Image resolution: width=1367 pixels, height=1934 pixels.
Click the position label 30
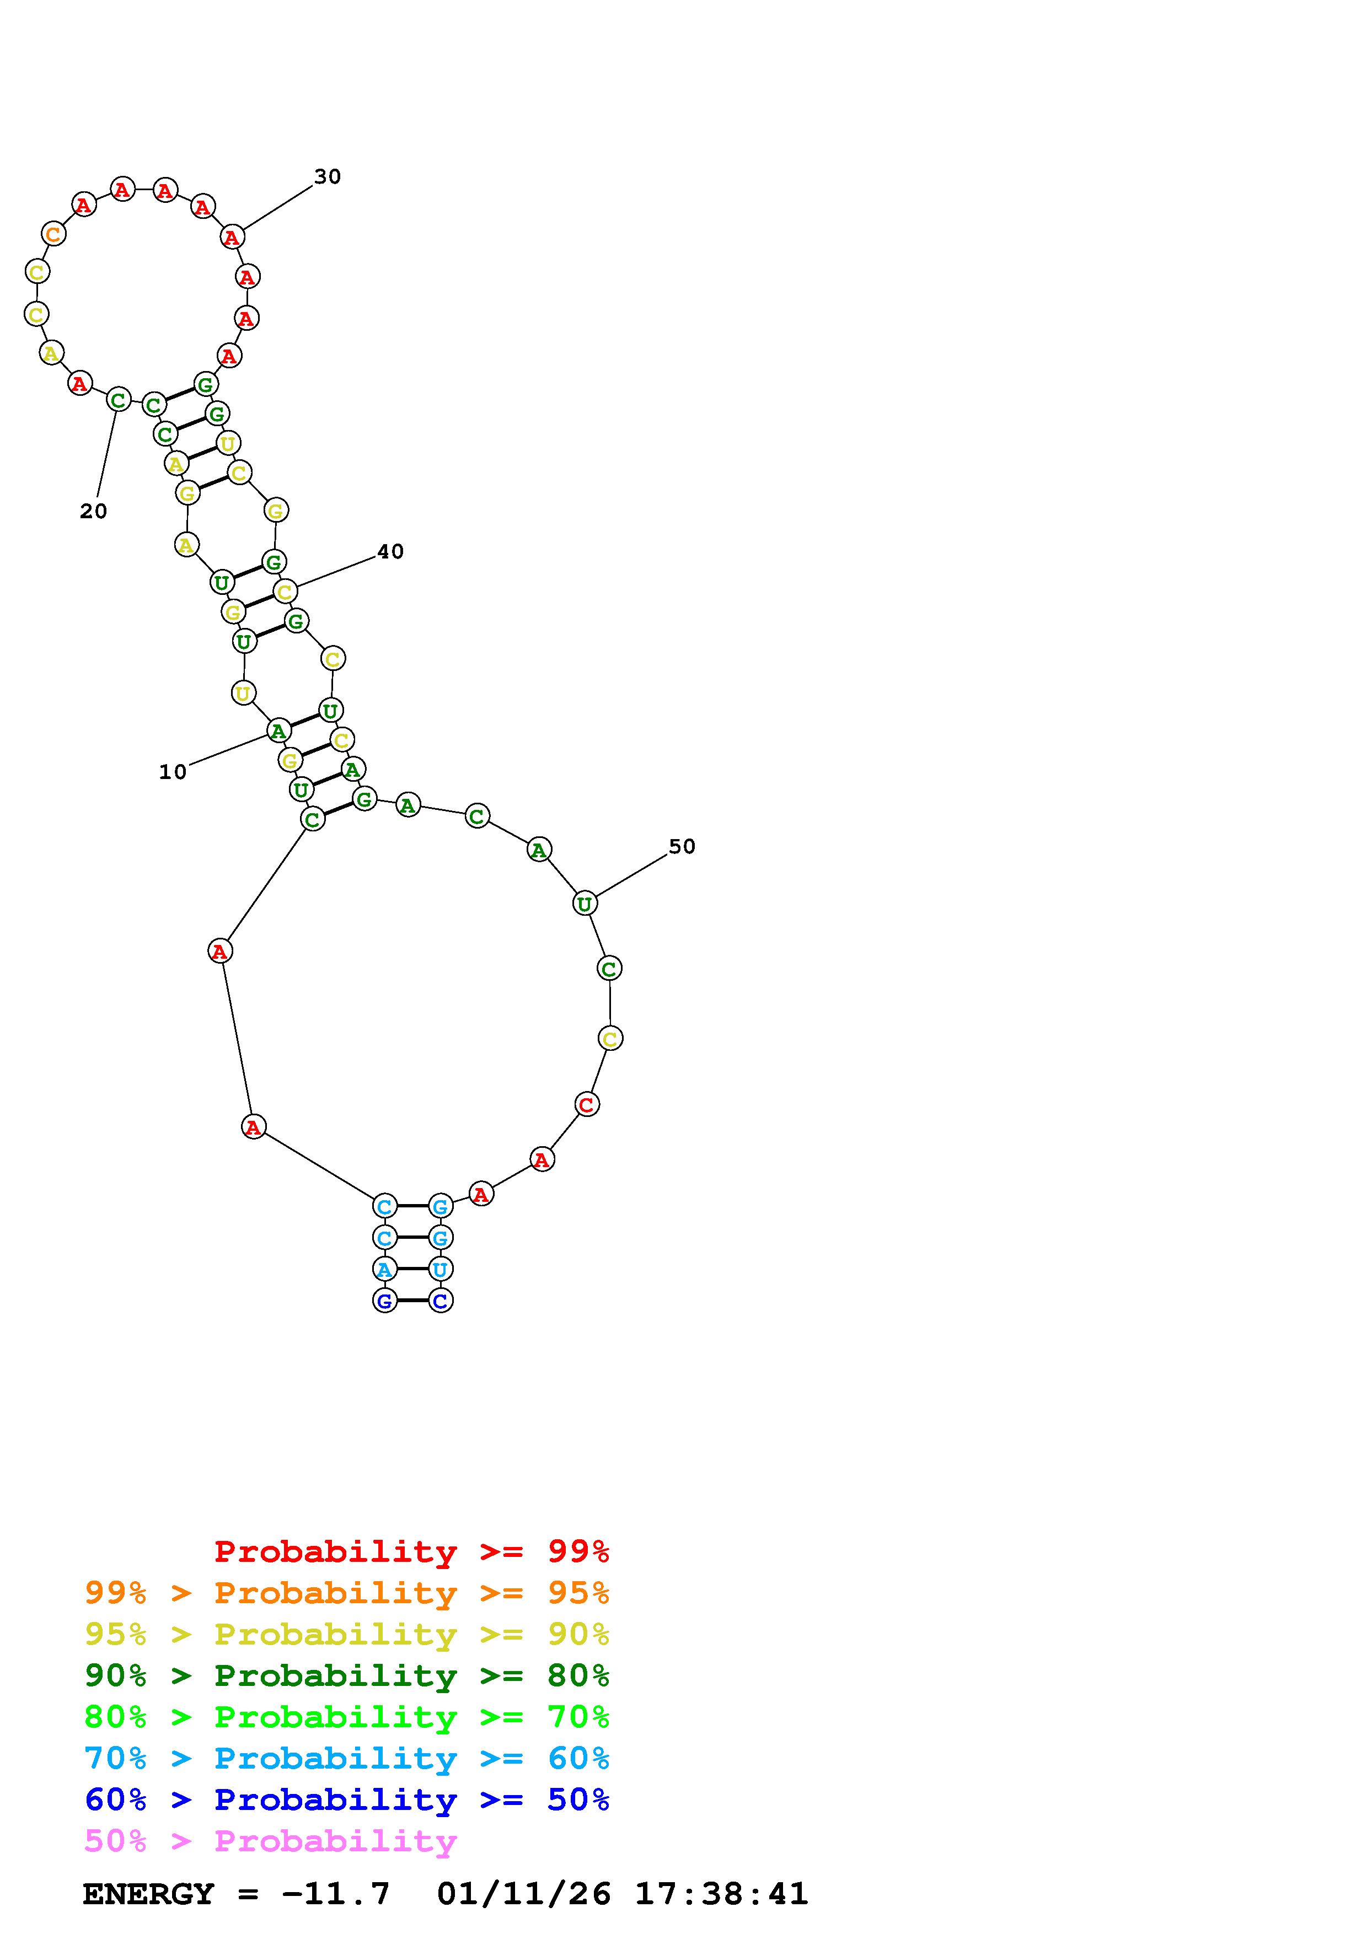click(x=328, y=177)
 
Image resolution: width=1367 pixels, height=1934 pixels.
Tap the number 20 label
click(x=94, y=511)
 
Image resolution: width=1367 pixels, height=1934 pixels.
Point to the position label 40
click(x=390, y=552)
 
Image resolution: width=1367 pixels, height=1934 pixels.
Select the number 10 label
click(x=173, y=772)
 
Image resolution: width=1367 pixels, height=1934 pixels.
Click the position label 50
click(x=682, y=847)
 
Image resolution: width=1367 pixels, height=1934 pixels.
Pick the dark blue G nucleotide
click(x=385, y=1301)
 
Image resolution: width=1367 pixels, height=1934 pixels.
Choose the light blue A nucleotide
click(x=385, y=1269)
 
